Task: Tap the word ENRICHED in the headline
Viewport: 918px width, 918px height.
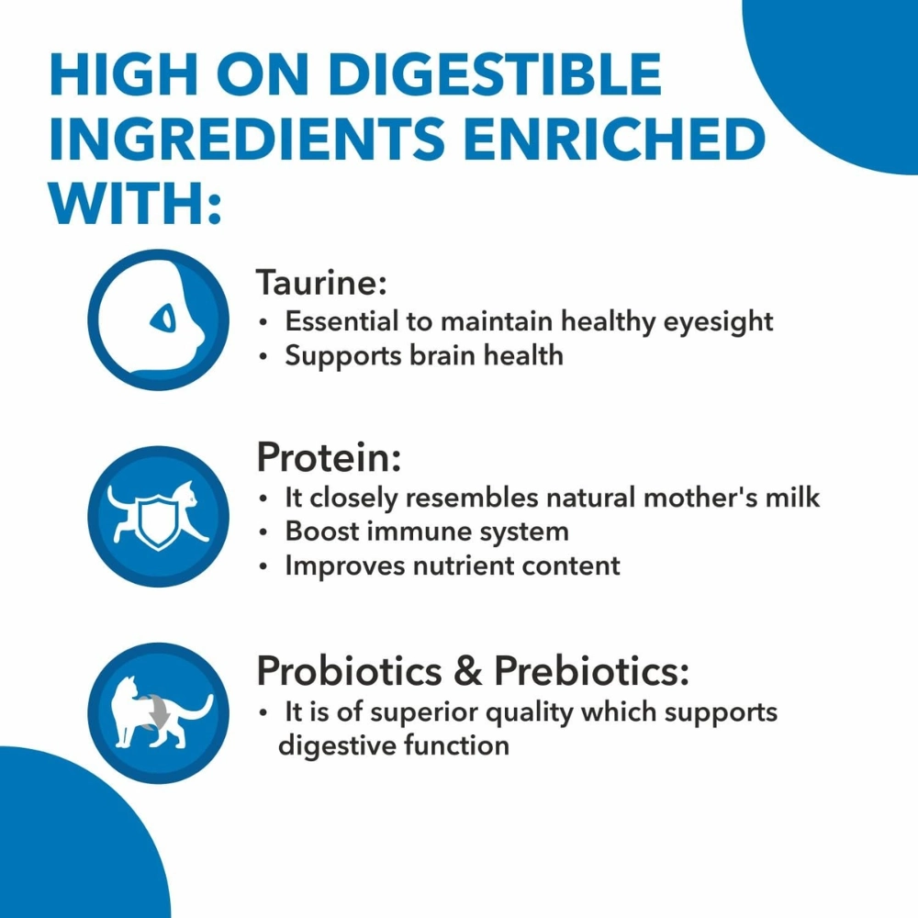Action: tap(615, 139)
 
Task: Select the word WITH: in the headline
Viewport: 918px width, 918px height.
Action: tap(135, 203)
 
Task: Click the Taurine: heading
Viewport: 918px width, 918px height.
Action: tap(321, 282)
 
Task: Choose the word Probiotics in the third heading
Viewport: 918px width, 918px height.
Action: tap(350, 671)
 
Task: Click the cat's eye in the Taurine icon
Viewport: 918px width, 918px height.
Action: tap(162, 319)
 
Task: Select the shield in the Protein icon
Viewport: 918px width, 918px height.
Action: tap(158, 520)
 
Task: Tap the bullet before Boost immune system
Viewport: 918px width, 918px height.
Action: tap(264, 532)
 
